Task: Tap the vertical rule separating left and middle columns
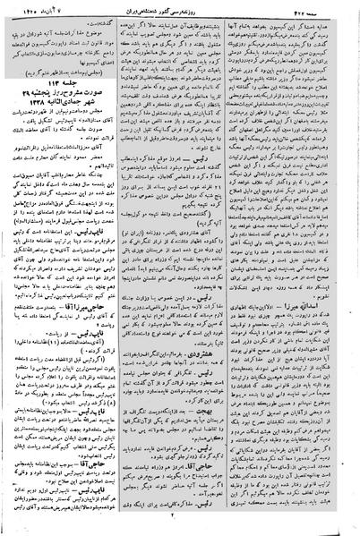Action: click(x=122, y=268)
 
